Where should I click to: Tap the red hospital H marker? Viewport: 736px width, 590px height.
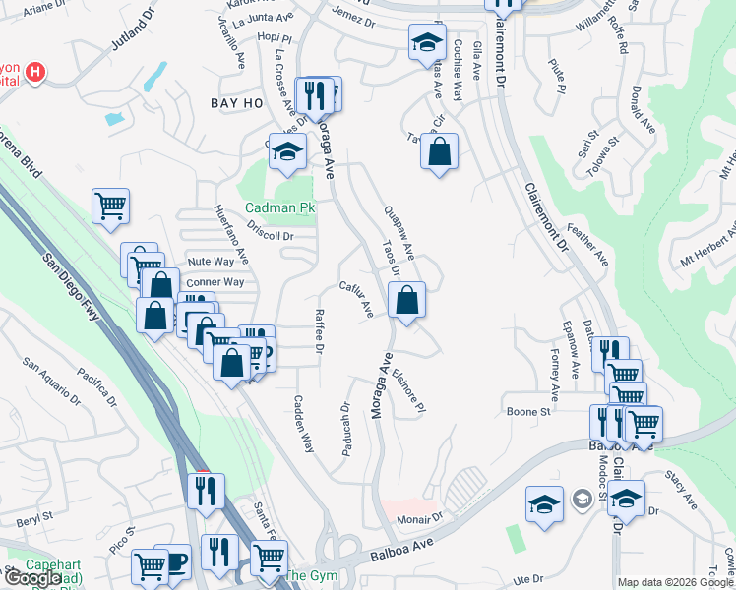pyautogui.click(x=36, y=72)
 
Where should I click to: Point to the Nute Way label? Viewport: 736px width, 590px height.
pyautogui.click(x=212, y=262)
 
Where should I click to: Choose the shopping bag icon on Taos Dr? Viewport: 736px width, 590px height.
pyautogui.click(x=406, y=299)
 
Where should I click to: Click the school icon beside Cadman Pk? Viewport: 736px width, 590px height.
pyautogui.click(x=286, y=152)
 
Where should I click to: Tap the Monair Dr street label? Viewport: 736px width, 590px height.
pyautogui.click(x=421, y=518)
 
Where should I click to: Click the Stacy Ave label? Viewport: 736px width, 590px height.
pyautogui.click(x=680, y=489)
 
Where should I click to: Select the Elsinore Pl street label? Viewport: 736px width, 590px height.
pyautogui.click(x=408, y=390)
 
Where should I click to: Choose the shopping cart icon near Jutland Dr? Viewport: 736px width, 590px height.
pyautogui.click(x=111, y=206)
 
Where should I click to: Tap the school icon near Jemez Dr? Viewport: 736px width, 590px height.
pyautogui.click(x=426, y=42)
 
